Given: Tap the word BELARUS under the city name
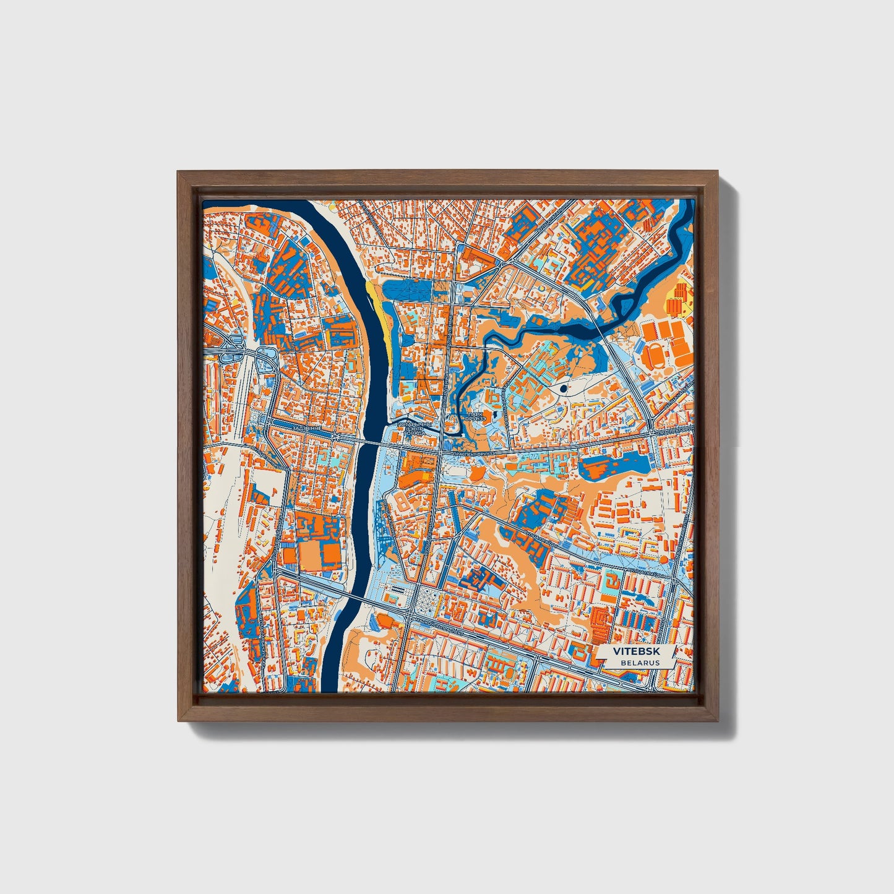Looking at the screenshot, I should tap(640, 663).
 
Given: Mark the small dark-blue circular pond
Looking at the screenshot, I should tap(563, 389).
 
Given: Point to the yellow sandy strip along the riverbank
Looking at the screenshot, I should tap(379, 312).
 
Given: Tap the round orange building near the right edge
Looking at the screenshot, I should tap(664, 559).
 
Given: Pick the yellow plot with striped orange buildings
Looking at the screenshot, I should tap(678, 298).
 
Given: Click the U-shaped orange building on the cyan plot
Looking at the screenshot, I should tap(612, 582).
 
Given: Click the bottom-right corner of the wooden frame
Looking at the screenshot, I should tap(718, 720).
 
